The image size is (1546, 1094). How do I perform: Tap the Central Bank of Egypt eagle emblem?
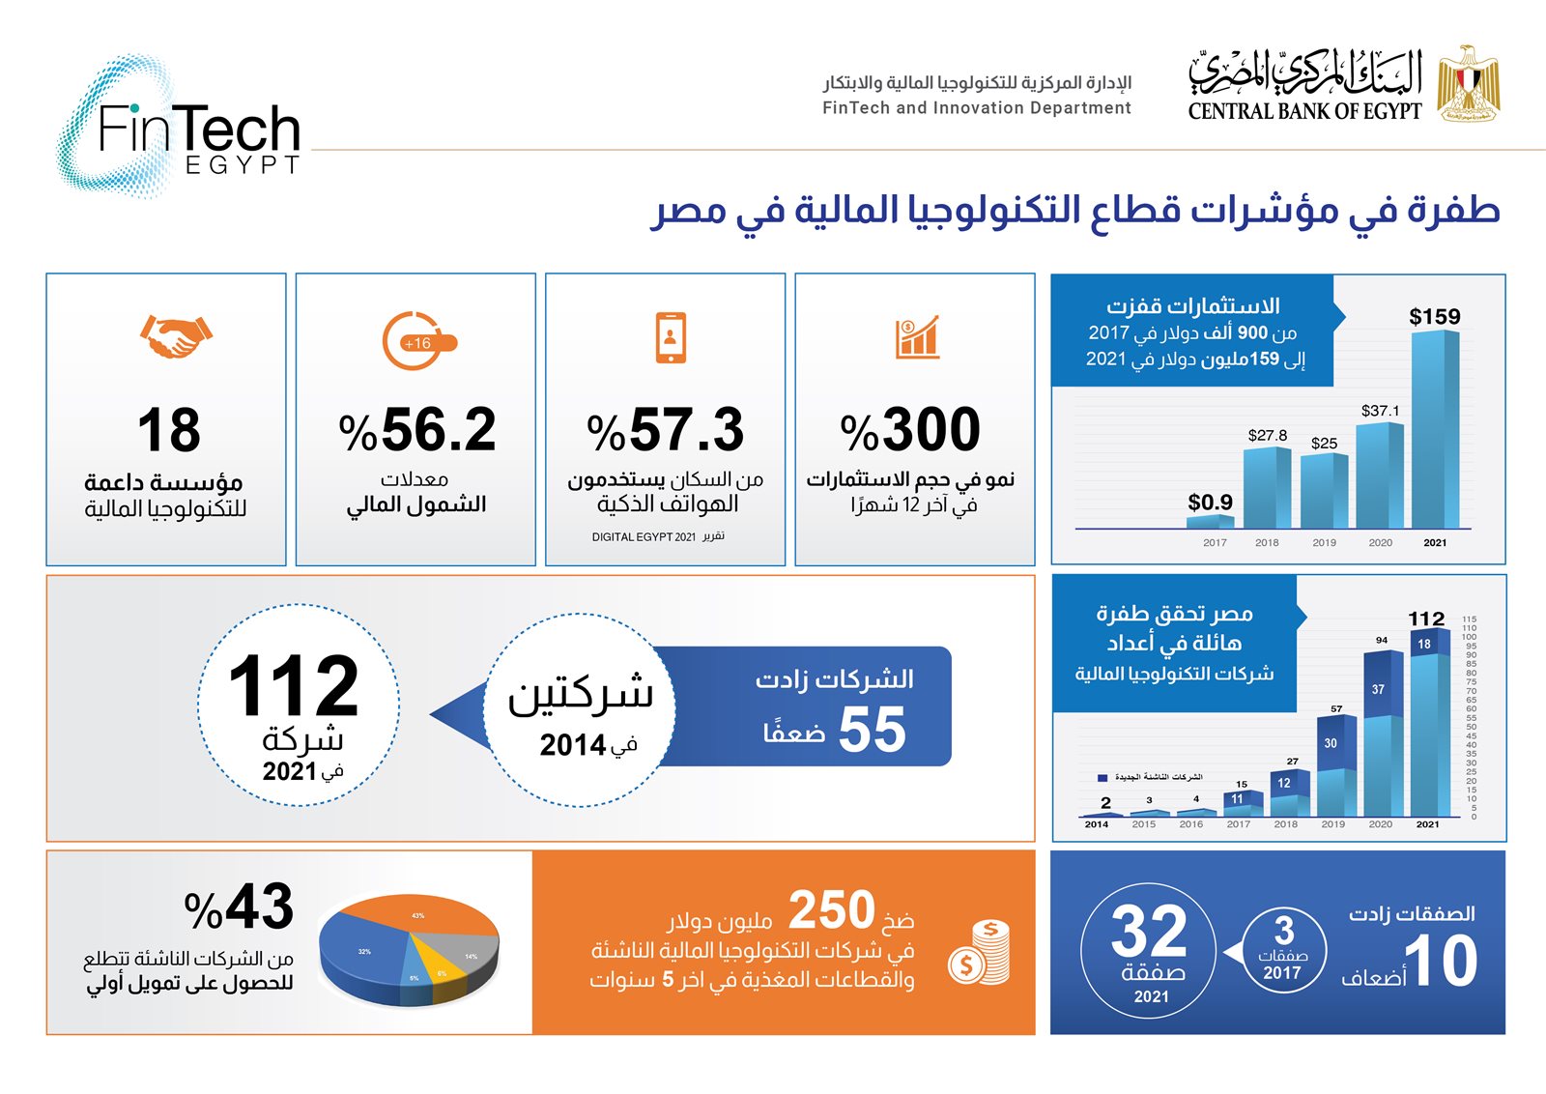coord(1468,83)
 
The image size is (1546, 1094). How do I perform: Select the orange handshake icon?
coord(175,336)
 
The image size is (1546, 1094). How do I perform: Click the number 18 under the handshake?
coord(169,430)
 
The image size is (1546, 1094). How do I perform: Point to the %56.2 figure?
coord(417,430)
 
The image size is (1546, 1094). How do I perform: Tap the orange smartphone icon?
coord(670,337)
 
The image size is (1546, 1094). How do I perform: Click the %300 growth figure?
coord(910,430)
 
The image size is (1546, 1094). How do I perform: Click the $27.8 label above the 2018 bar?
coord(1267,436)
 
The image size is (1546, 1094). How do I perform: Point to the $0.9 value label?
coord(1210,503)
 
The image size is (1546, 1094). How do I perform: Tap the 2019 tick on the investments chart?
coord(1324,543)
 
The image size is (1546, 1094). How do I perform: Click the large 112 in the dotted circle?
coord(294,686)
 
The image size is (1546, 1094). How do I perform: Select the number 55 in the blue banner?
coord(872,730)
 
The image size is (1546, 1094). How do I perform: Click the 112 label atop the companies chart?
coord(1426,619)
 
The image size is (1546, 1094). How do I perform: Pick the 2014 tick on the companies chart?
coord(1096,824)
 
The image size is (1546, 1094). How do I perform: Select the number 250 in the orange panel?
coord(831,910)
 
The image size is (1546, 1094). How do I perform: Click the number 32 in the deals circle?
coord(1149,932)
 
